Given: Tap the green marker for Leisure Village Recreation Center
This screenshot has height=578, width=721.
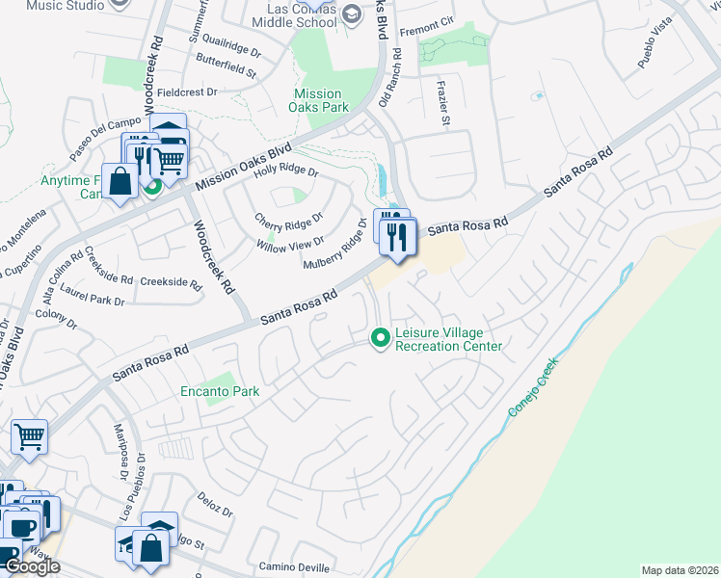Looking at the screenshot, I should coord(381,337).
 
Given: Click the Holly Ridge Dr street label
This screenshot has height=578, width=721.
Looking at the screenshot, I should coord(285,170).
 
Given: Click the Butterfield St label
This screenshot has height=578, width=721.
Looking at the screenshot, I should coord(226,72).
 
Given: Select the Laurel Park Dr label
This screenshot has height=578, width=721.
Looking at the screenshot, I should coord(93,295).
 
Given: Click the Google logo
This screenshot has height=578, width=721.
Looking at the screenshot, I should coord(32,565).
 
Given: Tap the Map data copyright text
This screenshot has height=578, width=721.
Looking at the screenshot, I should coord(681,570).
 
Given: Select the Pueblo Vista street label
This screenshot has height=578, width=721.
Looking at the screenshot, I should coord(654,48).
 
